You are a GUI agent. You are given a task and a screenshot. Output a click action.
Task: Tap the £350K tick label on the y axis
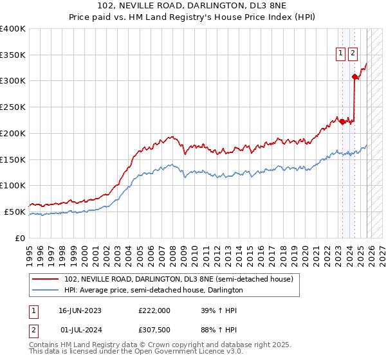click(x=13, y=55)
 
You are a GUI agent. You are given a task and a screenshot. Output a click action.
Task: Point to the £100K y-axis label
click(x=13, y=186)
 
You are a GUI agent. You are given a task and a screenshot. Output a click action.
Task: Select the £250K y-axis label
click(x=13, y=107)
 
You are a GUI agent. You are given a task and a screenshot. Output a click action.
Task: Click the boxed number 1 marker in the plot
click(x=340, y=54)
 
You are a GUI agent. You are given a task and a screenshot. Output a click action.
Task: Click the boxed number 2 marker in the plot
click(x=353, y=54)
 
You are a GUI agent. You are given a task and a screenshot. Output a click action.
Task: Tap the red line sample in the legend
click(x=46, y=279)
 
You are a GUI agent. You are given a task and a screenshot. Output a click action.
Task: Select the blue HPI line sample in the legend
click(x=46, y=291)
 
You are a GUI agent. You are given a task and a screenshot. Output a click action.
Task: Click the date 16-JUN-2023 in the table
click(x=80, y=310)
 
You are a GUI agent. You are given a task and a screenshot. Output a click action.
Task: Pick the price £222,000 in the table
click(x=154, y=310)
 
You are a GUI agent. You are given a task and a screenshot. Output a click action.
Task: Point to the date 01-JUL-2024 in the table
click(x=80, y=330)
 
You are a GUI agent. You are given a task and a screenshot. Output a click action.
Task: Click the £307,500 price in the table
click(x=154, y=330)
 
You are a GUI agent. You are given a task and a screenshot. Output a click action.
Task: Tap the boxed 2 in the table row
click(x=33, y=330)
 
